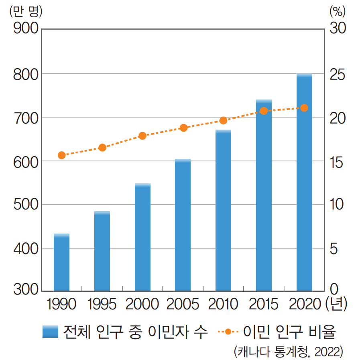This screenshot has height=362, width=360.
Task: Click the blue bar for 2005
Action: (183, 225)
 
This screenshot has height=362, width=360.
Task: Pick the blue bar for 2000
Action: (142, 237)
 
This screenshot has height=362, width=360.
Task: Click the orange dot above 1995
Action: (102, 148)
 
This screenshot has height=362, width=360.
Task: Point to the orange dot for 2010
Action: (224, 120)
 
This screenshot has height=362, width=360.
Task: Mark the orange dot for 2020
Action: (304, 108)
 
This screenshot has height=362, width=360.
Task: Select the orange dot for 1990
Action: (61, 155)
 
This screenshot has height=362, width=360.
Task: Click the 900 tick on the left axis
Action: (24, 29)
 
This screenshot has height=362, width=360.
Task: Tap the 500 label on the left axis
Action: (24, 205)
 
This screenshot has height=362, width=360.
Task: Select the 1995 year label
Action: (102, 304)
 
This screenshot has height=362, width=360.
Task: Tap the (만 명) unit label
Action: (25, 11)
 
